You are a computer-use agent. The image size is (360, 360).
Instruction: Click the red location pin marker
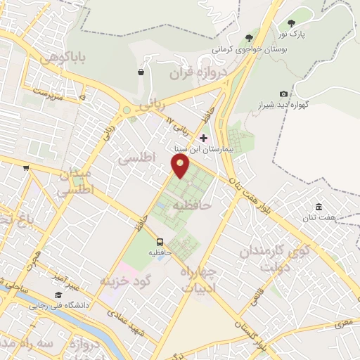(x=181, y=165)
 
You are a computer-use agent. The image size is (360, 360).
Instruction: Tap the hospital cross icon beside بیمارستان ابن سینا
(x=204, y=138)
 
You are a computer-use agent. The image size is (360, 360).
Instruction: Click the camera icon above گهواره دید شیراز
(x=283, y=94)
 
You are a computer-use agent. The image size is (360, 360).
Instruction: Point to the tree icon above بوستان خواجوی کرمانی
(x=248, y=38)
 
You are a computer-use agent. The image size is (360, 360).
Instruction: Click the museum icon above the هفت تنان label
(x=319, y=207)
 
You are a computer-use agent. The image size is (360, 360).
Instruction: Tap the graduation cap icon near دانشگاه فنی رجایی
(x=58, y=295)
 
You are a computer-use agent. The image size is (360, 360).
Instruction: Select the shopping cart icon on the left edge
(x=26, y=167)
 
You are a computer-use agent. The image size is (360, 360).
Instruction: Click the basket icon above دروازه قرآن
(x=141, y=71)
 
